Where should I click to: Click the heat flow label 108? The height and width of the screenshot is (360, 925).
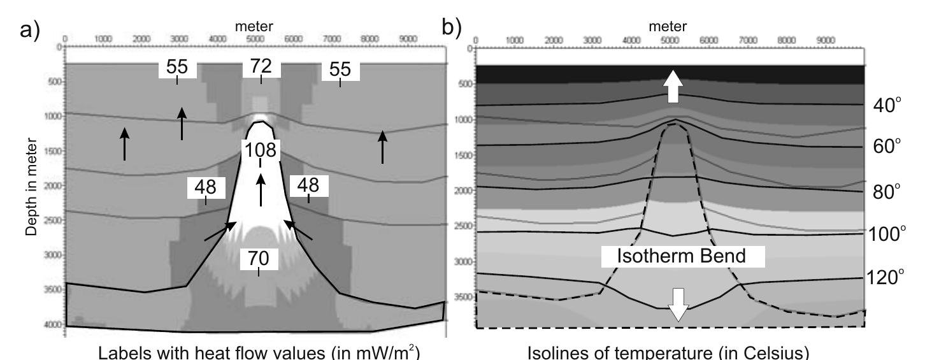(261, 150)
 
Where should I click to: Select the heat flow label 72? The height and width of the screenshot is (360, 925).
(261, 66)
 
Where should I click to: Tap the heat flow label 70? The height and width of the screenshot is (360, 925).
(258, 258)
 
